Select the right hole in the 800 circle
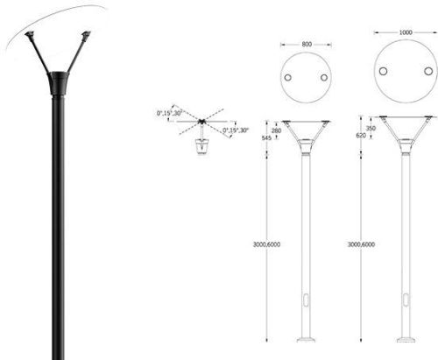tap(324, 78)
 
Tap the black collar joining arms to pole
tap(60, 86)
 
